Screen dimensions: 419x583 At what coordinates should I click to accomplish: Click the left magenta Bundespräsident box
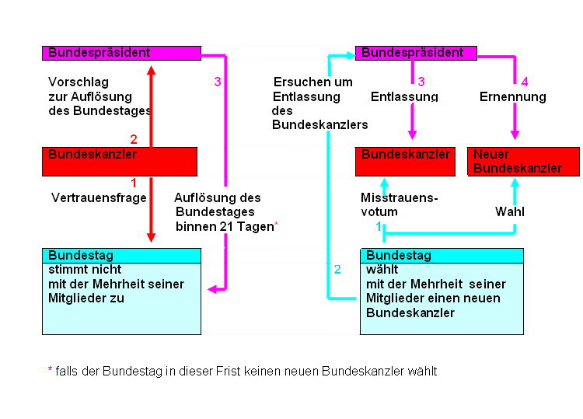click(121, 53)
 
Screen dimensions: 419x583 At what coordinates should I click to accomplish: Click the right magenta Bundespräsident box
click(415, 53)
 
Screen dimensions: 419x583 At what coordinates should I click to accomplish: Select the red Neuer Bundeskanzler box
click(523, 161)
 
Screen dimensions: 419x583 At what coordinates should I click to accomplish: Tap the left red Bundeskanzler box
click(120, 161)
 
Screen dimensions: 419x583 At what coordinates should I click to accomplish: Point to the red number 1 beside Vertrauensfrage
click(134, 183)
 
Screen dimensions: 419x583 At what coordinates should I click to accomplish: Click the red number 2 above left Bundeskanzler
click(134, 140)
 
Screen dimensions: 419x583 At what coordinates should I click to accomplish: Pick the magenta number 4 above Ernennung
click(525, 82)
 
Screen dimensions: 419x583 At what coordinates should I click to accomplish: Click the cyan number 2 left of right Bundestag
click(337, 270)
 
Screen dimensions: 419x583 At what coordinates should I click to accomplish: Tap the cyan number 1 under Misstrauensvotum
click(379, 226)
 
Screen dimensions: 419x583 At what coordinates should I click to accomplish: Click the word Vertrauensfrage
click(99, 198)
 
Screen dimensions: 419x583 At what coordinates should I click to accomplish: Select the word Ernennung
click(512, 97)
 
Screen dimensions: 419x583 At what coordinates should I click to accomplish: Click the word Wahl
click(508, 211)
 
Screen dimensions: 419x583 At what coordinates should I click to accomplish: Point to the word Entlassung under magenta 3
click(404, 97)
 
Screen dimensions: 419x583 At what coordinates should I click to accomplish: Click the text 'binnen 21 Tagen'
click(224, 226)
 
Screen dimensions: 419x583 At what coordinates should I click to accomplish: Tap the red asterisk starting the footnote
click(51, 370)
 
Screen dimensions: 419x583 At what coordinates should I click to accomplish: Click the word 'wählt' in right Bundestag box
click(382, 270)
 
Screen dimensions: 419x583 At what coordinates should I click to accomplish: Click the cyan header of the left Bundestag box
click(121, 255)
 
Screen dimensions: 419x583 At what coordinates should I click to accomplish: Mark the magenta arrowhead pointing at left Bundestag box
click(212, 288)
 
